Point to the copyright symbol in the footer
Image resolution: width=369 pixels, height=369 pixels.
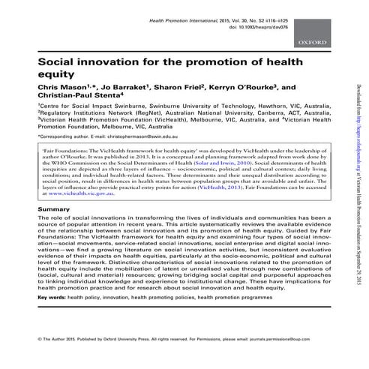point(39,359)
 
